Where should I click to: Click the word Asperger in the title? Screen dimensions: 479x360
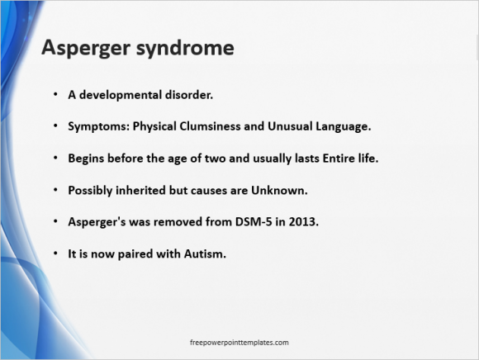pyautogui.click(x=86, y=48)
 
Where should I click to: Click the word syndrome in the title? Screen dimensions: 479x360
pyautogui.click(x=185, y=48)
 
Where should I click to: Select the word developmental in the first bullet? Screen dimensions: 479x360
pyautogui.click(x=121, y=95)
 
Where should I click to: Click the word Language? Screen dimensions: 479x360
pyautogui.click(x=344, y=127)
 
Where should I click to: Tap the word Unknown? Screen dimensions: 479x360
pyautogui.click(x=279, y=191)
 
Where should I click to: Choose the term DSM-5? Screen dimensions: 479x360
pyautogui.click(x=254, y=222)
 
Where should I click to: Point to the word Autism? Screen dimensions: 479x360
pyautogui.click(x=205, y=253)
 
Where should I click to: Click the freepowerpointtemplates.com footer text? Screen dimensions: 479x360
pyautogui.click(x=239, y=343)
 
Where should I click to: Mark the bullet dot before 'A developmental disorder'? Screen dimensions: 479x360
pyautogui.click(x=55, y=95)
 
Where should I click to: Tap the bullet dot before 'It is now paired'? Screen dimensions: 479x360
pyautogui.click(x=55, y=253)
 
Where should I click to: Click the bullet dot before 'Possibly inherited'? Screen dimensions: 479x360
pyautogui.click(x=55, y=190)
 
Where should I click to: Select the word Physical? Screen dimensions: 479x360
pyautogui.click(x=154, y=127)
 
